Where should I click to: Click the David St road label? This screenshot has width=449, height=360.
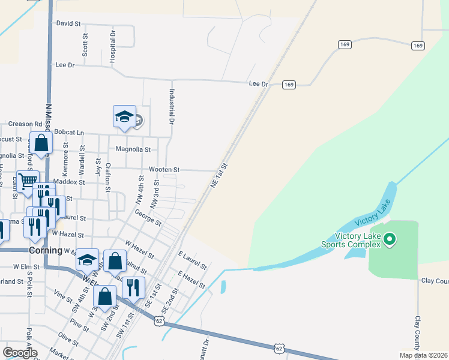(68, 23)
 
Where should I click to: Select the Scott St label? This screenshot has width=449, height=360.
(85, 44)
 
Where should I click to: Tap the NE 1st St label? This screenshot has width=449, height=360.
(220, 175)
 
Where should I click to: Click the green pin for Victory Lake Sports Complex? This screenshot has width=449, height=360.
(390, 241)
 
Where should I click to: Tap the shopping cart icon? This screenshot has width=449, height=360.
(27, 181)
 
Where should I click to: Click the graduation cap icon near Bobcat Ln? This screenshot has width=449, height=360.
(124, 116)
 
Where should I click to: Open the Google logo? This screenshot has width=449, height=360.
(20, 353)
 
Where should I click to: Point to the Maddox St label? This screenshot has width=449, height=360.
(69, 181)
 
